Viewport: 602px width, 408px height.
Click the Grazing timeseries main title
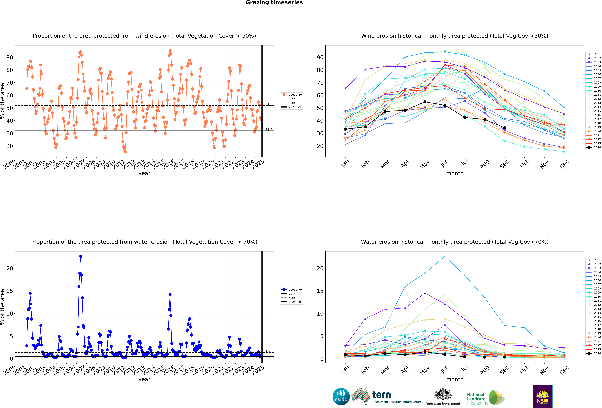[274, 3]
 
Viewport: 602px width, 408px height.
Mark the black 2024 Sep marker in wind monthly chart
[504, 128]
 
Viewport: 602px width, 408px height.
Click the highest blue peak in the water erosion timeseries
[81, 256]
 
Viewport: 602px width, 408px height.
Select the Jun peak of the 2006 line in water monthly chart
[445, 256]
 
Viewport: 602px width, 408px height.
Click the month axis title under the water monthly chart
[455, 380]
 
